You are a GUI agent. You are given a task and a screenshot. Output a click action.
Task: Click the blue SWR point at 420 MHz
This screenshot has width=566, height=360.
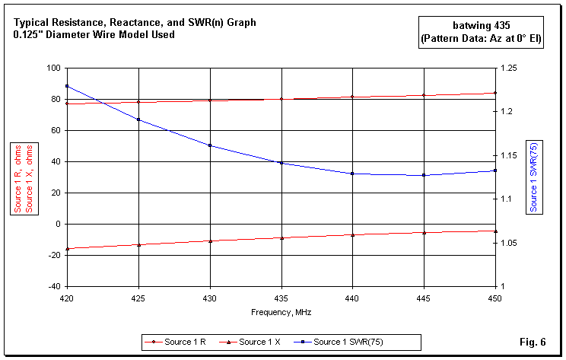67,86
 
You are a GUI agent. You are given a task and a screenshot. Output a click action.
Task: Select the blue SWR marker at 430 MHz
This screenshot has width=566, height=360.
210,145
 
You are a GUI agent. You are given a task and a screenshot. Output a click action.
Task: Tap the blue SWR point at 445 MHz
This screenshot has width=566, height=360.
424,175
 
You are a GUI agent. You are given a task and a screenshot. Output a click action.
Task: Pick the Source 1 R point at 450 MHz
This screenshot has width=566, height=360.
495,93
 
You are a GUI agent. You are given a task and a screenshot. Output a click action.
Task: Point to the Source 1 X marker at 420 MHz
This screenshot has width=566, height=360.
67,249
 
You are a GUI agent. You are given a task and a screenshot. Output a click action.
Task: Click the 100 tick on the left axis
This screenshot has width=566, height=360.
52,68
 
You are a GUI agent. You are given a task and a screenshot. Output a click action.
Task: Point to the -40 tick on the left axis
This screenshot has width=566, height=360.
52,287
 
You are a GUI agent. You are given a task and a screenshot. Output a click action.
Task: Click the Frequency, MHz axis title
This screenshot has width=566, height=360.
281,312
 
